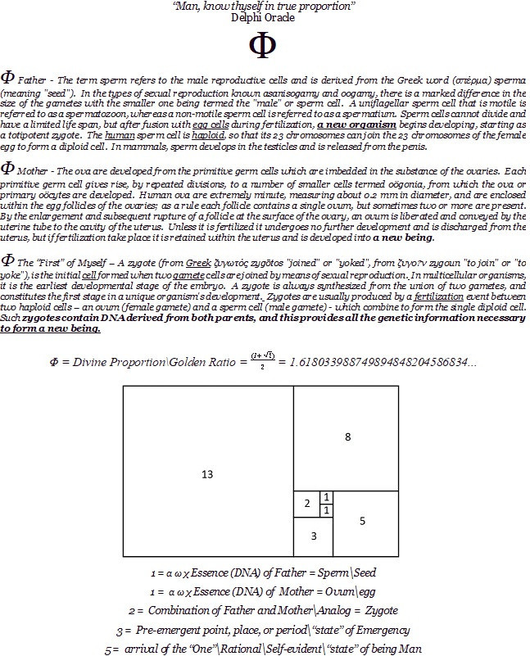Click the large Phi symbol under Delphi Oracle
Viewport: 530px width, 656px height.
point(265,48)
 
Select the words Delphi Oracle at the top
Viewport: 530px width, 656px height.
point(265,16)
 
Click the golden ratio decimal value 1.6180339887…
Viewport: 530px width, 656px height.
point(385,361)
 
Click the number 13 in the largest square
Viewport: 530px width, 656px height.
point(207,474)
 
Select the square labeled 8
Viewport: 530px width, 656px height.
point(347,437)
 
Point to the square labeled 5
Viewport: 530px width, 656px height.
point(362,521)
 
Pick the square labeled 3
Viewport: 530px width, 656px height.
point(312,536)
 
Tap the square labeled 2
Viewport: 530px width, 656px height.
point(306,504)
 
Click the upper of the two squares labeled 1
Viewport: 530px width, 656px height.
point(327,497)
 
